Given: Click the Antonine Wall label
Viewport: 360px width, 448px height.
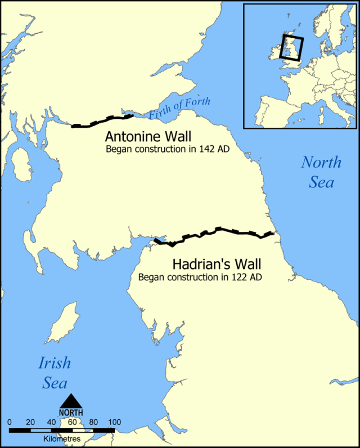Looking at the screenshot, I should pyautogui.click(x=148, y=137).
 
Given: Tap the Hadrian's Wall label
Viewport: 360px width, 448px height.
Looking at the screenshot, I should pyautogui.click(x=217, y=263).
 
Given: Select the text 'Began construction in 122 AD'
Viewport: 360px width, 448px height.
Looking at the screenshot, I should pyautogui.click(x=200, y=277).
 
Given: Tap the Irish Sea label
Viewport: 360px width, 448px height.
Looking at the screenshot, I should pyautogui.click(x=55, y=373).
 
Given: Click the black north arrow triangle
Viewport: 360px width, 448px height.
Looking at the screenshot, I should pyautogui.click(x=72, y=401).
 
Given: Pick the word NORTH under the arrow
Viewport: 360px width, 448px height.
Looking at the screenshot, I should pyautogui.click(x=72, y=412).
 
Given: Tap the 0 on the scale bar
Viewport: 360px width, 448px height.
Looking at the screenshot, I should pyautogui.click(x=10, y=422).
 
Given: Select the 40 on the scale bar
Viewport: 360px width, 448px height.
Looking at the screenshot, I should pyautogui.click(x=51, y=422).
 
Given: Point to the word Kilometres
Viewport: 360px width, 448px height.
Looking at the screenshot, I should pyautogui.click(x=62, y=438).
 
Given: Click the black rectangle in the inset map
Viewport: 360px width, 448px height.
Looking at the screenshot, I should pyautogui.click(x=292, y=48).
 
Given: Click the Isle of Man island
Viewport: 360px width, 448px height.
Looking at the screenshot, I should pyautogui.click(x=62, y=324).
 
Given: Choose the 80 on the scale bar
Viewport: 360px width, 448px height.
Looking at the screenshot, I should pyautogui.click(x=93, y=422).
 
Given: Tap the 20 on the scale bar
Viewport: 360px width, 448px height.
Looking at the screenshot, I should pyautogui.click(x=30, y=422).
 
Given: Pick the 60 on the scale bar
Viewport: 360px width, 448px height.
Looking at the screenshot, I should pyautogui.click(x=72, y=422).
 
